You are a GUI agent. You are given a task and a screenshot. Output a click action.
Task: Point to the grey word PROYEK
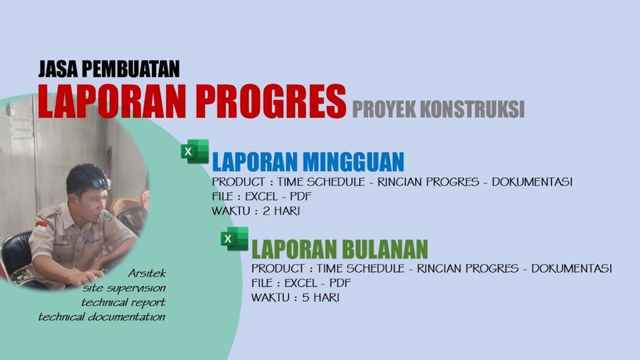385,108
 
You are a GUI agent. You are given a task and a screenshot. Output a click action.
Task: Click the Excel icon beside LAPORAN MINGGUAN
194,152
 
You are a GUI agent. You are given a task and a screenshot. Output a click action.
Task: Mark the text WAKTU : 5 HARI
295,297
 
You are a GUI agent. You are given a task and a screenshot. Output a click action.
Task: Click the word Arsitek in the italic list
147,274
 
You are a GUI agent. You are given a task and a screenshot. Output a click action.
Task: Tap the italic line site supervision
125,288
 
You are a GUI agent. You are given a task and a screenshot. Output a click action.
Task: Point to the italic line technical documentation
101,317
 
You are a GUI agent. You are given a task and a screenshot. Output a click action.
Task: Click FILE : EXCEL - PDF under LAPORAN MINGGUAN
261,196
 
